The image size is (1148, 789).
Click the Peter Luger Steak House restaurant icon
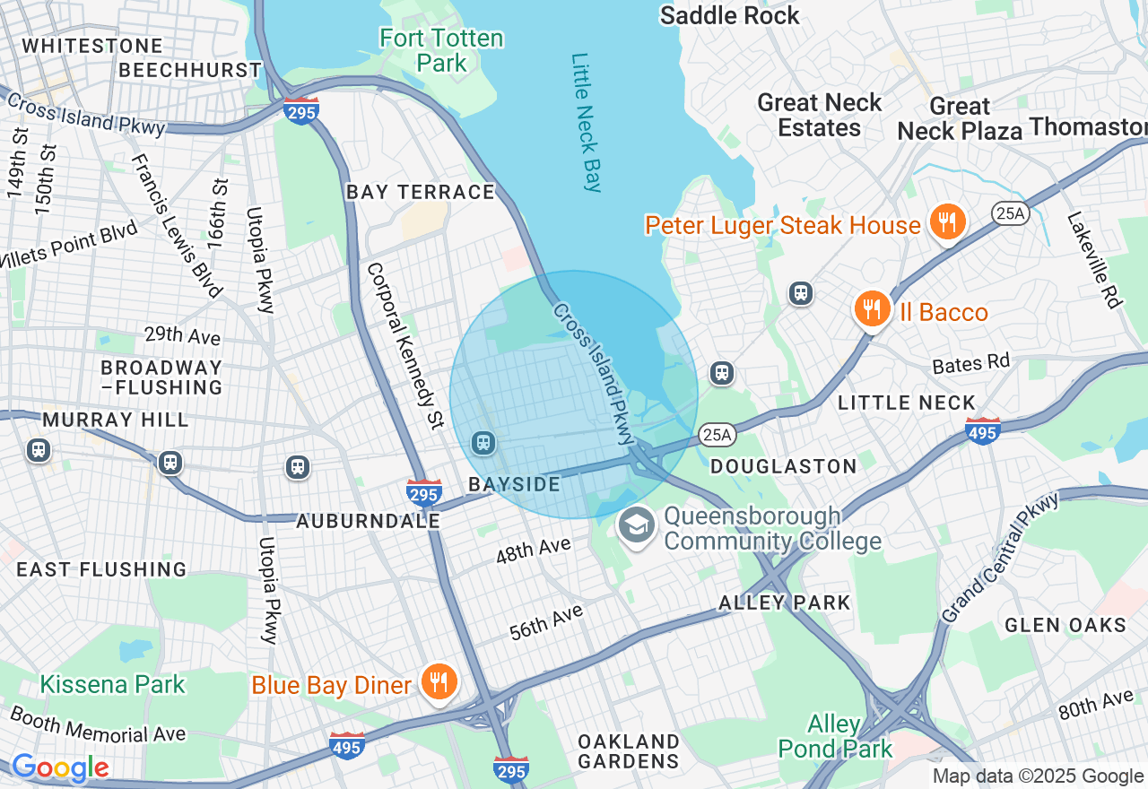[946, 221]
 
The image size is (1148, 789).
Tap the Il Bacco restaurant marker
[871, 309]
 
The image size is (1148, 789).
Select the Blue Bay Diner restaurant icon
[438, 682]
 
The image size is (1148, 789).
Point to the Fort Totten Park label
[441, 51]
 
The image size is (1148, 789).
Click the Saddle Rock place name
[729, 15]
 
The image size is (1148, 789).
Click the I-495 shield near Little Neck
[984, 431]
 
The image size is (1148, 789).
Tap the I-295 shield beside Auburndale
[423, 492]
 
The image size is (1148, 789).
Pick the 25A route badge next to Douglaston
[717, 435]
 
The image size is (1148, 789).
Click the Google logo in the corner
[60, 768]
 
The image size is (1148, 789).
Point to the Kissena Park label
[112, 684]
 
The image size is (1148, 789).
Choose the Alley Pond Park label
[835, 735]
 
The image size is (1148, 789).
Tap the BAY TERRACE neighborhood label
[421, 192]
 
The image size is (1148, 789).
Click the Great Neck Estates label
[820, 115]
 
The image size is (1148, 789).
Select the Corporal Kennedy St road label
[405, 345]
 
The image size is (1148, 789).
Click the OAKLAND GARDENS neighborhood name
[629, 751]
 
